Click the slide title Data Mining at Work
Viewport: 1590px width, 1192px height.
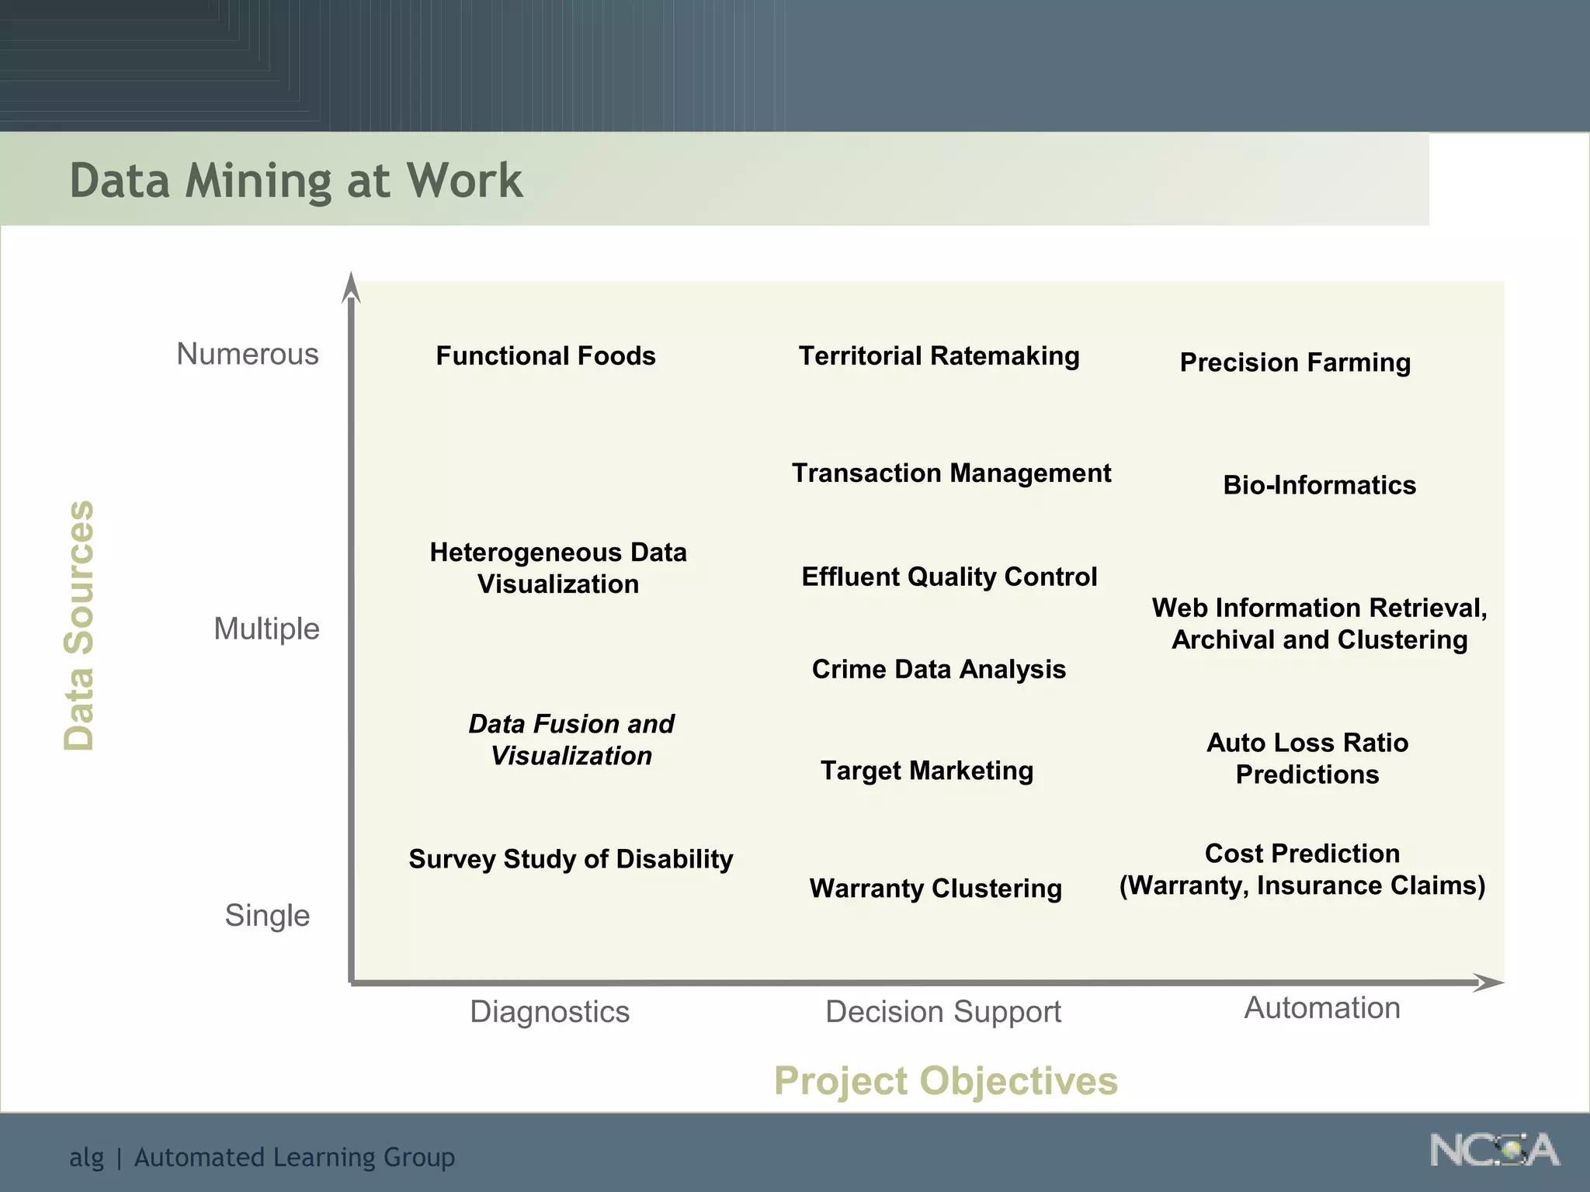[x=296, y=180]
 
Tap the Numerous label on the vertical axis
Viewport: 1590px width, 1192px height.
[x=248, y=354]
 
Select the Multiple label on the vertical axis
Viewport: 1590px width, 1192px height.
[x=266, y=629]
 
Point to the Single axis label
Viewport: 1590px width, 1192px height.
[x=267, y=915]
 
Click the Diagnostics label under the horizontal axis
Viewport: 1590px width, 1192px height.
[x=550, y=1011]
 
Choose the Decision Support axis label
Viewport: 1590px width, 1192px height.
[x=943, y=1011]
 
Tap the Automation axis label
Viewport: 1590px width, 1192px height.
[x=1322, y=1007]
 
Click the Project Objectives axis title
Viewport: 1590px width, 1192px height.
[x=946, y=1080]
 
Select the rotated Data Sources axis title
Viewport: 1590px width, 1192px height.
[x=79, y=625]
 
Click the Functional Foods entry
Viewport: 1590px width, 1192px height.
[x=546, y=355]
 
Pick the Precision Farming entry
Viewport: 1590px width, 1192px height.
[x=1295, y=362]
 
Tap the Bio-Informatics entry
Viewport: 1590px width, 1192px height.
[x=1319, y=485]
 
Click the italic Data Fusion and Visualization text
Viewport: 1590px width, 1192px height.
[x=571, y=740]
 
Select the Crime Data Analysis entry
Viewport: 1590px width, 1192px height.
[x=939, y=669]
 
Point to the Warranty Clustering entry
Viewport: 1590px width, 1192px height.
[x=936, y=888]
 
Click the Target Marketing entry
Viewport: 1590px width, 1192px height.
[x=927, y=771]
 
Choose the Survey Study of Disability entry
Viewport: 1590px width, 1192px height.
[x=571, y=859]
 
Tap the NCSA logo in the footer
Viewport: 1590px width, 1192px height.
[x=1494, y=1150]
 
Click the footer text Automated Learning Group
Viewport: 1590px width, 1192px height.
[x=294, y=1157]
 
